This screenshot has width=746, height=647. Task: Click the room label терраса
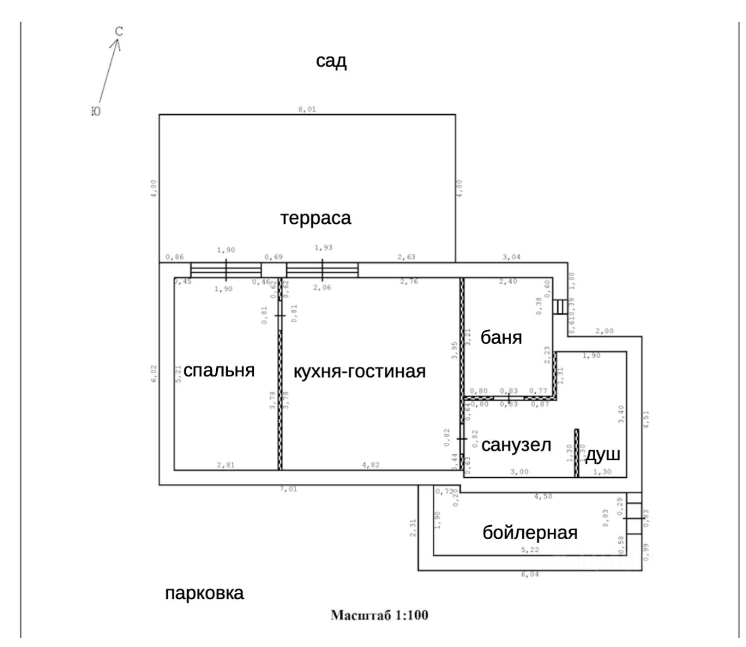click(316, 218)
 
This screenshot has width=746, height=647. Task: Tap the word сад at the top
click(331, 61)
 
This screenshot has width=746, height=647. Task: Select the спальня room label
click(219, 370)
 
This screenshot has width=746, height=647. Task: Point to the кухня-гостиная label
click(359, 372)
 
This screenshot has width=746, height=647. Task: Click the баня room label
click(501, 337)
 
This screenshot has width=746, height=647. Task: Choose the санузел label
click(516, 445)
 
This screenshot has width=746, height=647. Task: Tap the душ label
click(603, 455)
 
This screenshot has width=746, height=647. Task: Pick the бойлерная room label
click(530, 533)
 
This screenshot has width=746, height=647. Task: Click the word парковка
click(204, 594)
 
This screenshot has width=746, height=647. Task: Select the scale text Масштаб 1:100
click(379, 615)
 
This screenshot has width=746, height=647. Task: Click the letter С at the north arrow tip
click(119, 32)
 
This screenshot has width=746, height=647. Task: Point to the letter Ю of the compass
click(96, 111)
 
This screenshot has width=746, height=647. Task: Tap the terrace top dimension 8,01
click(307, 109)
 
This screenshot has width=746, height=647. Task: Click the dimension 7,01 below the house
click(288, 489)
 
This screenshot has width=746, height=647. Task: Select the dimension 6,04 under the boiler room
click(530, 575)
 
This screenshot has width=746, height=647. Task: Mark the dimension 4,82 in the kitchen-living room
click(371, 465)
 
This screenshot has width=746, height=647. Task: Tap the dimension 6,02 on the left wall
click(154, 374)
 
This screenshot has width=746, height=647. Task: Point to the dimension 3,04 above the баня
click(512, 257)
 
